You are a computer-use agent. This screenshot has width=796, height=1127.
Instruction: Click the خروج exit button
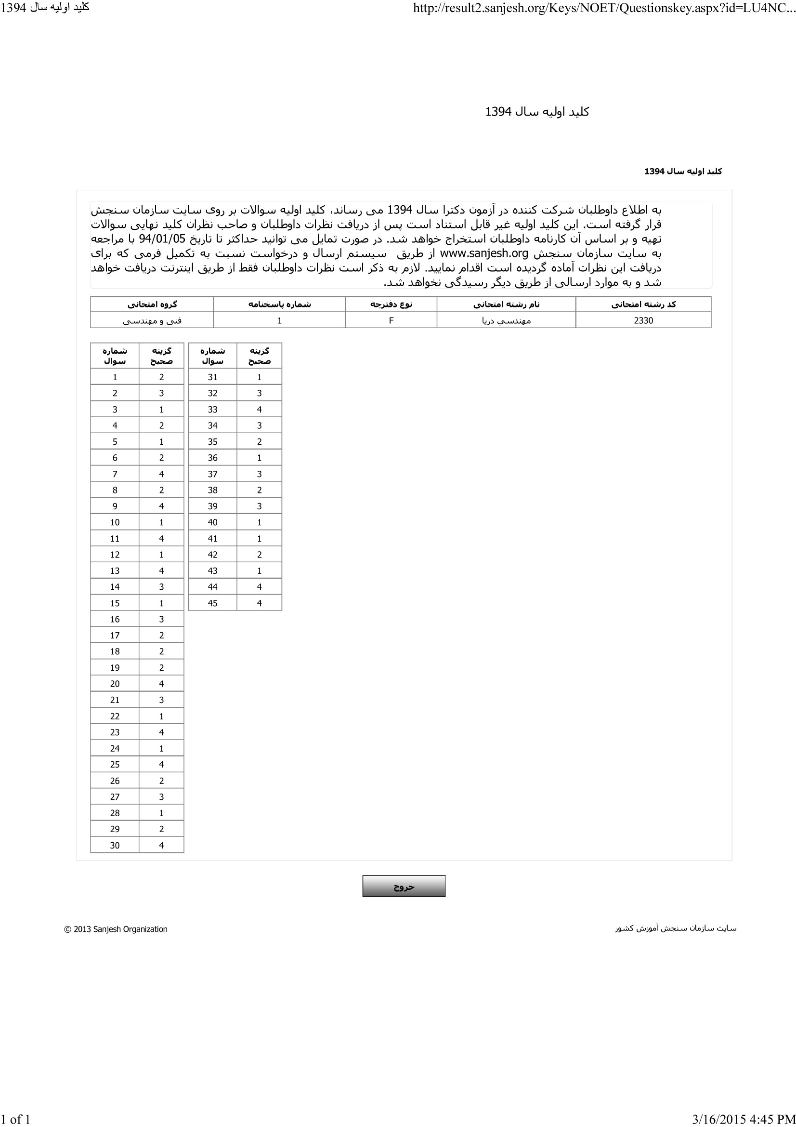(x=404, y=886)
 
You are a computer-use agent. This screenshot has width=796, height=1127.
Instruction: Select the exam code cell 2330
(x=643, y=320)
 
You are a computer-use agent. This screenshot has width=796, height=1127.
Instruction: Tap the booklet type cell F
(x=391, y=320)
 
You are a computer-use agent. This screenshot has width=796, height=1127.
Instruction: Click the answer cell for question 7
(x=161, y=474)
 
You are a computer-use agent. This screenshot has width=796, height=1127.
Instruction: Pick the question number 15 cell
(x=115, y=603)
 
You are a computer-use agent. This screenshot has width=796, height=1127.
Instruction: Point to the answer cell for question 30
(x=161, y=845)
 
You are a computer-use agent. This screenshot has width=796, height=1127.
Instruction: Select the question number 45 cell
(x=212, y=603)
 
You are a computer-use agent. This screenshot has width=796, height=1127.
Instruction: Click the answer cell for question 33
(x=259, y=410)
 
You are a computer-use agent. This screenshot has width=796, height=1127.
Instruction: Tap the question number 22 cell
(x=115, y=716)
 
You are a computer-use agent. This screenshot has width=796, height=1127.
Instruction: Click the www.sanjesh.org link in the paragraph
(x=483, y=254)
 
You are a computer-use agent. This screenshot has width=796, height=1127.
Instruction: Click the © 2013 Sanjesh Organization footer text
(x=116, y=929)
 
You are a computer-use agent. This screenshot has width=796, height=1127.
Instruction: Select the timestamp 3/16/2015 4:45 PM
(x=743, y=1119)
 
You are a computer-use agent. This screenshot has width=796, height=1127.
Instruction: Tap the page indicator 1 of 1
(x=16, y=1119)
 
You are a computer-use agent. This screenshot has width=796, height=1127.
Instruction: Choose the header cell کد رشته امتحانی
(x=643, y=305)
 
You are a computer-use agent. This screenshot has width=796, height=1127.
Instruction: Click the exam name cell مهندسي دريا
(x=506, y=320)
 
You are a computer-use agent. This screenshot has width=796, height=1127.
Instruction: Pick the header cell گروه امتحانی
(x=152, y=305)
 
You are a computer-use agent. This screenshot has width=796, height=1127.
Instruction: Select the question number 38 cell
(x=212, y=490)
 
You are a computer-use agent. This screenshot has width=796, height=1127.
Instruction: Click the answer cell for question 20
(x=161, y=684)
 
